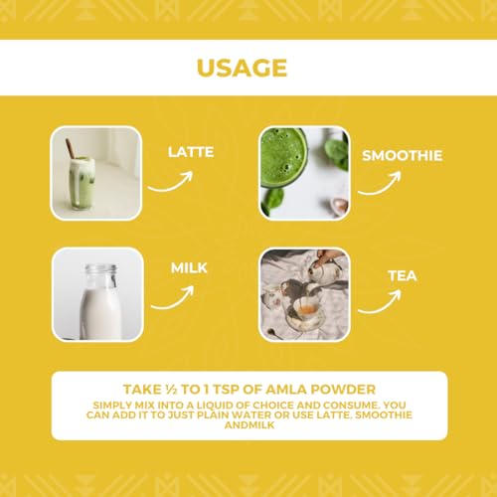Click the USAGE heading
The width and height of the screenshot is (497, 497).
(x=242, y=68)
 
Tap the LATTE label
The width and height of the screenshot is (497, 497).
(x=191, y=152)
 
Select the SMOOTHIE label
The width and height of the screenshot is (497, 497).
(x=403, y=156)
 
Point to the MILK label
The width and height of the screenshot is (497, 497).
(x=189, y=267)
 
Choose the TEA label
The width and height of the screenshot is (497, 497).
(x=403, y=276)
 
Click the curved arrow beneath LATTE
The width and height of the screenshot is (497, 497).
(x=172, y=186)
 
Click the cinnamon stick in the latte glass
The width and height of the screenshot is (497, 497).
(x=71, y=149)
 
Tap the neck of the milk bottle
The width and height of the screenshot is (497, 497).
(x=101, y=276)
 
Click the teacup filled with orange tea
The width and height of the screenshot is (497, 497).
(x=306, y=310)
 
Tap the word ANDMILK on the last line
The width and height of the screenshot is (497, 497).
(x=249, y=425)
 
